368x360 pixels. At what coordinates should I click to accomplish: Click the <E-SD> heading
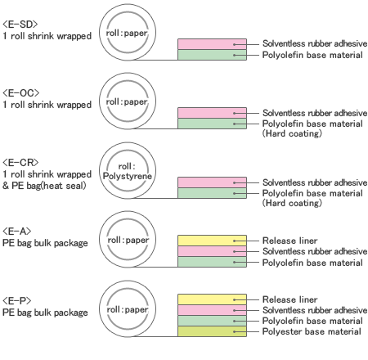20,25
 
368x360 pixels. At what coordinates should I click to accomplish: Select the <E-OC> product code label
21,93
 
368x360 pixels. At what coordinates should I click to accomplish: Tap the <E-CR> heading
20,163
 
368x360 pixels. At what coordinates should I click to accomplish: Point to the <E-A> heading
17,232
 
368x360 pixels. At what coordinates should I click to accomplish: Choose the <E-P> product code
17,300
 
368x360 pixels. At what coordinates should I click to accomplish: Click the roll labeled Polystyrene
128,170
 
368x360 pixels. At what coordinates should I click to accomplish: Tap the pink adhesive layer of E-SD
212,44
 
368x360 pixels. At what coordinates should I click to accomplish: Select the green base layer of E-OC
212,124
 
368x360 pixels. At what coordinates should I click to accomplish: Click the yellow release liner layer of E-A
212,241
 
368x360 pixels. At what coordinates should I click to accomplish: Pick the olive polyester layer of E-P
212,331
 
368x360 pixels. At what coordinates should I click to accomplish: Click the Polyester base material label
312,331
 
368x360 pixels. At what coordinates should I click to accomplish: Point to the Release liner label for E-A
289,241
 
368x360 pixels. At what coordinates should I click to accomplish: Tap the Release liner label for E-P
289,299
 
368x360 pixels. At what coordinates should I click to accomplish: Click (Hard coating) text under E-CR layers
292,203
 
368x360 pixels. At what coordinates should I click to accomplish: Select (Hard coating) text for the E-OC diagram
292,133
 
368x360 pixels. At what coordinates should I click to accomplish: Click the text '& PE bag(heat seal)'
44,186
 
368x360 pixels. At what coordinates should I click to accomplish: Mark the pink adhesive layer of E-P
212,310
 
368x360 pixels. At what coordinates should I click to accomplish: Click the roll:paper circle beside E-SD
128,32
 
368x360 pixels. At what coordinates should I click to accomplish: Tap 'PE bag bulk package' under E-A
45,243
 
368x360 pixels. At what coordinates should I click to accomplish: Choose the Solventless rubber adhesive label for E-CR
315,182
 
